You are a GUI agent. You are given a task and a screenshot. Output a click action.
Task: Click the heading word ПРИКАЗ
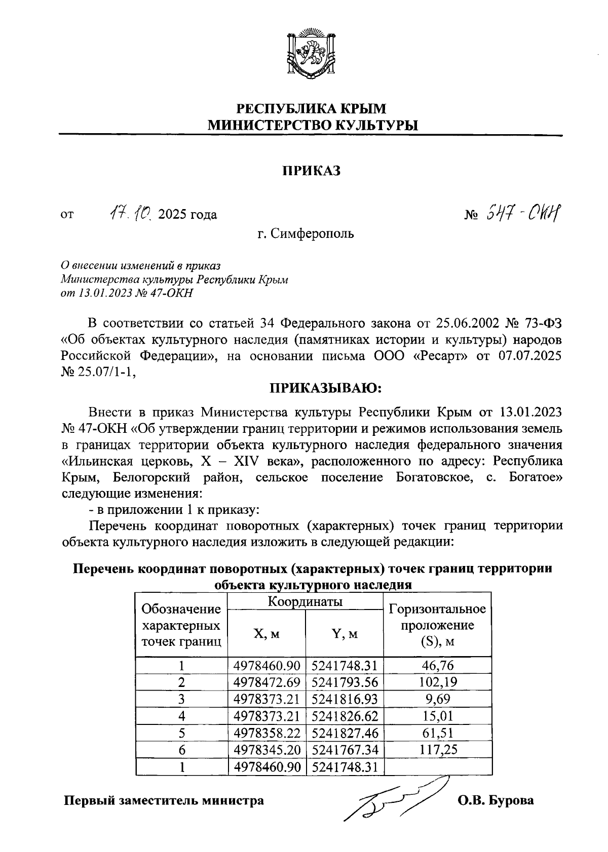tap(311, 171)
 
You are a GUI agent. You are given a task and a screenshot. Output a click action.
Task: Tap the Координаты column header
tap(305, 601)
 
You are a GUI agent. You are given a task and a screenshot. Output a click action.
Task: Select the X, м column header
tap(267, 633)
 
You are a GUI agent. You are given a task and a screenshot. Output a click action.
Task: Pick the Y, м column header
tap(345, 633)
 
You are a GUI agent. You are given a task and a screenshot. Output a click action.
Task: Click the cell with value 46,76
tap(438, 665)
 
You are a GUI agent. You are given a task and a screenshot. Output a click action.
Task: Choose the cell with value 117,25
tap(438, 749)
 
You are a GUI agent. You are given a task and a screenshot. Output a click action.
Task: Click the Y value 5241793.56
tap(345, 682)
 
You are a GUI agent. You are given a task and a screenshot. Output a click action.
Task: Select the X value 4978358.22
tap(267, 733)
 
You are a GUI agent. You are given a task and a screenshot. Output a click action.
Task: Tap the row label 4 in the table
tap(181, 716)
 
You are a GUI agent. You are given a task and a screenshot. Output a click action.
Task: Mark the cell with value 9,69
tap(438, 699)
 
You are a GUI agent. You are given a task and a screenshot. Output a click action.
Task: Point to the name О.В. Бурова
tap(496, 801)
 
